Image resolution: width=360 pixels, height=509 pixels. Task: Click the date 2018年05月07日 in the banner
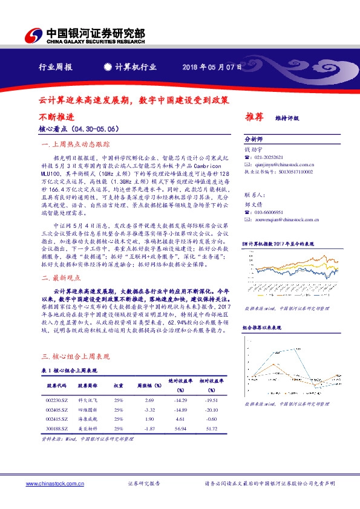(212, 66)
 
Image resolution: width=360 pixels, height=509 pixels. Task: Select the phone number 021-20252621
(270, 157)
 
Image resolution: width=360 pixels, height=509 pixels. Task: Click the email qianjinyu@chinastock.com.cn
(283, 164)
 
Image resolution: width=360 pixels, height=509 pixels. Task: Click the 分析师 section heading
(254, 138)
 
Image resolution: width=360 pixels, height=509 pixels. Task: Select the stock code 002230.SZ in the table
(56, 400)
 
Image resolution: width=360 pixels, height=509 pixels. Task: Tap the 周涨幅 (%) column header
(148, 385)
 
